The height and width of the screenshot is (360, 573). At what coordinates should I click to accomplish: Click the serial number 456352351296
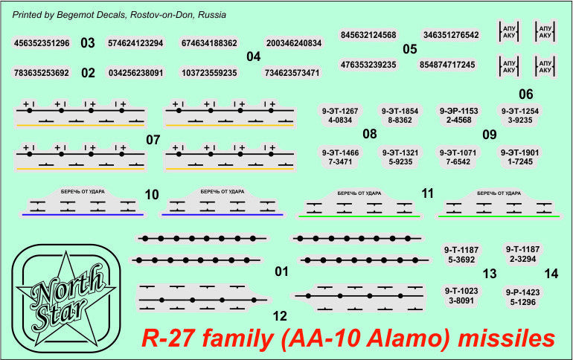coord(42,43)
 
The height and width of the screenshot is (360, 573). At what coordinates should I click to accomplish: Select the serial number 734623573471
coord(292,73)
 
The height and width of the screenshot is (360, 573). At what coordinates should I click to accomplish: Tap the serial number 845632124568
coord(368,35)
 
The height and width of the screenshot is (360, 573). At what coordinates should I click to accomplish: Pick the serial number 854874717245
coord(447,65)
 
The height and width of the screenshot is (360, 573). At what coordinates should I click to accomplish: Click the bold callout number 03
coord(88,43)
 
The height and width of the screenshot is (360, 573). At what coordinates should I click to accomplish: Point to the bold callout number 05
coord(409,49)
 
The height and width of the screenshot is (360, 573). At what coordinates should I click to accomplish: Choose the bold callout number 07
coord(153,140)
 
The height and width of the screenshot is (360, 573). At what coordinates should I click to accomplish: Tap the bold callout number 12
coord(280,316)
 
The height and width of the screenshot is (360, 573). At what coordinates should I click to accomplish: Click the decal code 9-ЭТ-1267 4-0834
coord(340,116)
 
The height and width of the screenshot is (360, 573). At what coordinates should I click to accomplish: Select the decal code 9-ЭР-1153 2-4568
coord(458,115)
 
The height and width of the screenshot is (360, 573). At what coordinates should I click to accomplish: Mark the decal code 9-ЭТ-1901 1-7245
coord(519,157)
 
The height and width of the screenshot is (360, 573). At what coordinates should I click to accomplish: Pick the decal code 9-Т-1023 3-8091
coord(461,296)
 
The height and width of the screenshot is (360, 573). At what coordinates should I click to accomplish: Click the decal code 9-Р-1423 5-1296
coord(522,298)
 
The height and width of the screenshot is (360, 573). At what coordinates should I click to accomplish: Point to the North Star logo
coord(65,299)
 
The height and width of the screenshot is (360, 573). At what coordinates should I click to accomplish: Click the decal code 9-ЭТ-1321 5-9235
coord(400,157)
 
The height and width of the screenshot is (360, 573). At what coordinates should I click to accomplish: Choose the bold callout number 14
coord(551,274)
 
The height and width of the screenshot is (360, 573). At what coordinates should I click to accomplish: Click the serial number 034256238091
coord(135,73)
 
